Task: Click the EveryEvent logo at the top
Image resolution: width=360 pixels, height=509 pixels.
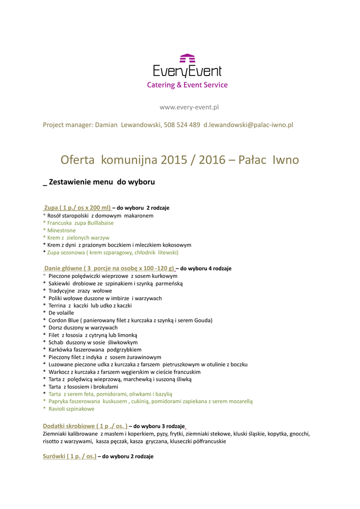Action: coord(187,66)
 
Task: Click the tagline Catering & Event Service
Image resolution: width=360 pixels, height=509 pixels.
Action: coord(187,85)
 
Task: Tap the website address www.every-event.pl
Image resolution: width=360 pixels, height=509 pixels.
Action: coord(189,107)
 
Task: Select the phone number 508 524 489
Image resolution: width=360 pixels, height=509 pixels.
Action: coord(182,125)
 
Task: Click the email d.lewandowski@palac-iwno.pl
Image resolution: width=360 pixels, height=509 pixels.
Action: coord(248,125)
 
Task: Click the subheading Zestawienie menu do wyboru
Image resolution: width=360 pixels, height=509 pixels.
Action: coord(101,182)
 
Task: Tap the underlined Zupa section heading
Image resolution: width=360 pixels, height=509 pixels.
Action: coord(77,208)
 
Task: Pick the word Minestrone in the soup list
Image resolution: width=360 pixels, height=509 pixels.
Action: coord(61,231)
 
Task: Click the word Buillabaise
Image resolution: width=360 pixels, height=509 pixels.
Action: coord(98,223)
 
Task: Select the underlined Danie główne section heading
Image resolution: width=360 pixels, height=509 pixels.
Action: coord(109,268)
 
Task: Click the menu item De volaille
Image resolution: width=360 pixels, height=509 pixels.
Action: coord(61,313)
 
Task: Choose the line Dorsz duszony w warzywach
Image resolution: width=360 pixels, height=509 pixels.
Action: coord(83,328)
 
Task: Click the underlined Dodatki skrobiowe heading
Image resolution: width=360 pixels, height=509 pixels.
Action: coord(85,426)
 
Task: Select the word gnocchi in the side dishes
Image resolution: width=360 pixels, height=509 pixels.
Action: coord(299,434)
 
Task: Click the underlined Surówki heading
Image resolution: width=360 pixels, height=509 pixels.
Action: coord(69,456)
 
